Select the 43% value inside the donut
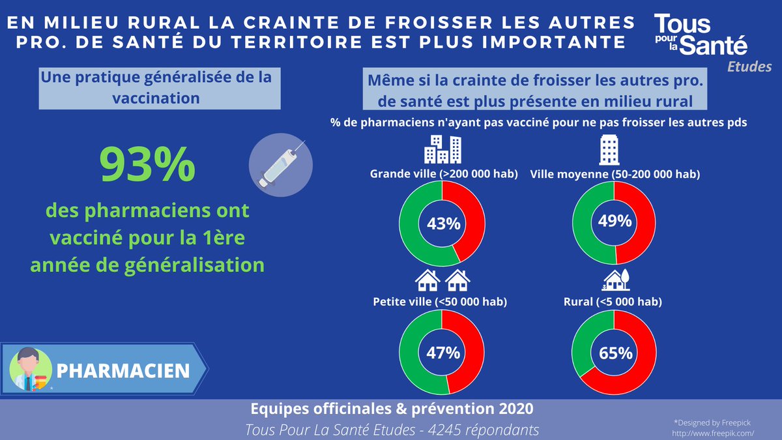(x=443, y=224)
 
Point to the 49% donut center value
(x=615, y=222)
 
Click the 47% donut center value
(x=443, y=353)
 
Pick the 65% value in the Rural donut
(x=615, y=353)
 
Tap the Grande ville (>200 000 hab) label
(x=443, y=174)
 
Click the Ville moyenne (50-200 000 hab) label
(x=615, y=174)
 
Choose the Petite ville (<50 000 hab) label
(x=440, y=302)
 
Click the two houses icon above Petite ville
(x=442, y=280)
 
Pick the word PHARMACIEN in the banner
(x=123, y=370)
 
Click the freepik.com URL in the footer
(x=712, y=432)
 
